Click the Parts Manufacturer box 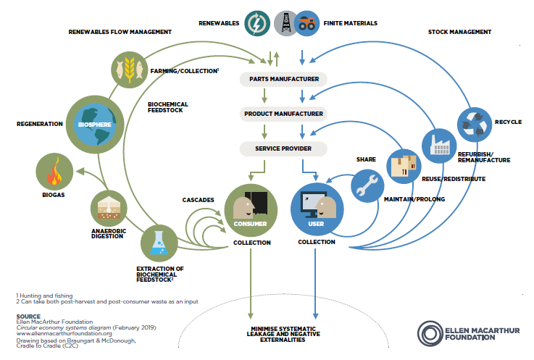pos(284,79)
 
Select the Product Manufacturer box pos(284,114)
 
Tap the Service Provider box pos(284,148)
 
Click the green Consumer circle pos(251,209)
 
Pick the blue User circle pos(316,209)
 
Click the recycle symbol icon pos(476,123)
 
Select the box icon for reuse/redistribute pos(404,164)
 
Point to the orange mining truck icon pos(307,23)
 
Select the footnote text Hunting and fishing pos(46,296)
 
